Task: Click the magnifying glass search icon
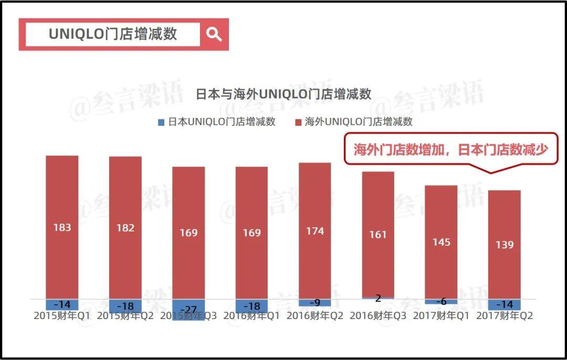[x=214, y=35]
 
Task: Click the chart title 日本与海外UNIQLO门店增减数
[x=283, y=94]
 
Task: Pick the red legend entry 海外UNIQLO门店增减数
[x=354, y=122]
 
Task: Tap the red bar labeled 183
[x=62, y=227]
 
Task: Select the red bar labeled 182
[x=125, y=227]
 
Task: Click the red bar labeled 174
[x=315, y=230]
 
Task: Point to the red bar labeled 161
[x=378, y=235]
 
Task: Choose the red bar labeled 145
[x=441, y=242]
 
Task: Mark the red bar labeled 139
[x=505, y=245]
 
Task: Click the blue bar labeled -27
[x=188, y=308]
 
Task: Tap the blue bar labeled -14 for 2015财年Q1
[x=62, y=304]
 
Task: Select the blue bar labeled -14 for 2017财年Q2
[x=505, y=304]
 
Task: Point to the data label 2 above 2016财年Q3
[x=378, y=299]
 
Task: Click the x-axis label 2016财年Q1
[x=251, y=316]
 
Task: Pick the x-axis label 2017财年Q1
[x=441, y=316]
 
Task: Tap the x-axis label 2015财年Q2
[x=125, y=316]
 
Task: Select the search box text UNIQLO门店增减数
[x=113, y=34]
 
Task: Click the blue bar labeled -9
[x=315, y=303]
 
